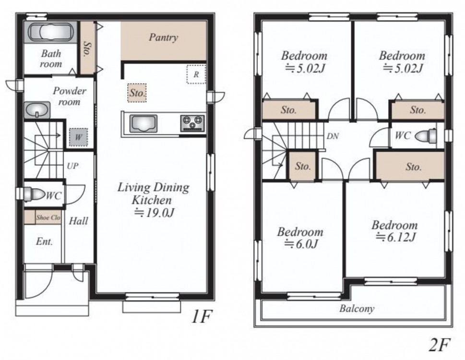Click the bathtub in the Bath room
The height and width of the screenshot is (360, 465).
50,32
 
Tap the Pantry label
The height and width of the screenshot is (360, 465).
164,37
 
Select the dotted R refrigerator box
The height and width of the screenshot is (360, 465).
196,74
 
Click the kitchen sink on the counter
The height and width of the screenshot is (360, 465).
143,123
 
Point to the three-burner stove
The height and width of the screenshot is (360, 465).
192,123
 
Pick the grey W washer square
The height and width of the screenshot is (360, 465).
78,137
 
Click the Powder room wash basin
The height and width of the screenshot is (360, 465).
37,110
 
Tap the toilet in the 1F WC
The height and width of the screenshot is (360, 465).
33,194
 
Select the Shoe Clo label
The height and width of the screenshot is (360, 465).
48,217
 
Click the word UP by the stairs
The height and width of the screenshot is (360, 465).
72,166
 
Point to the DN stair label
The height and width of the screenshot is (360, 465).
333,136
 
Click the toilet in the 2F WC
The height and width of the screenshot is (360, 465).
426,136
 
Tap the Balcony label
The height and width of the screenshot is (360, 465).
357,309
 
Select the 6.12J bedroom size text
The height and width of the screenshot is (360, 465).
396,237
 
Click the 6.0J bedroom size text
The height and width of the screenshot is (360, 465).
301,244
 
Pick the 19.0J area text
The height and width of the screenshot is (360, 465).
154,213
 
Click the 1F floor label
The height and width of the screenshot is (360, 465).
203,317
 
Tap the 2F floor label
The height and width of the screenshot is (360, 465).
440,345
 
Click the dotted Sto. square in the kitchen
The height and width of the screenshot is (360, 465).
137,93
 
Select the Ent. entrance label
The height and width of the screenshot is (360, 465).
44,241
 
